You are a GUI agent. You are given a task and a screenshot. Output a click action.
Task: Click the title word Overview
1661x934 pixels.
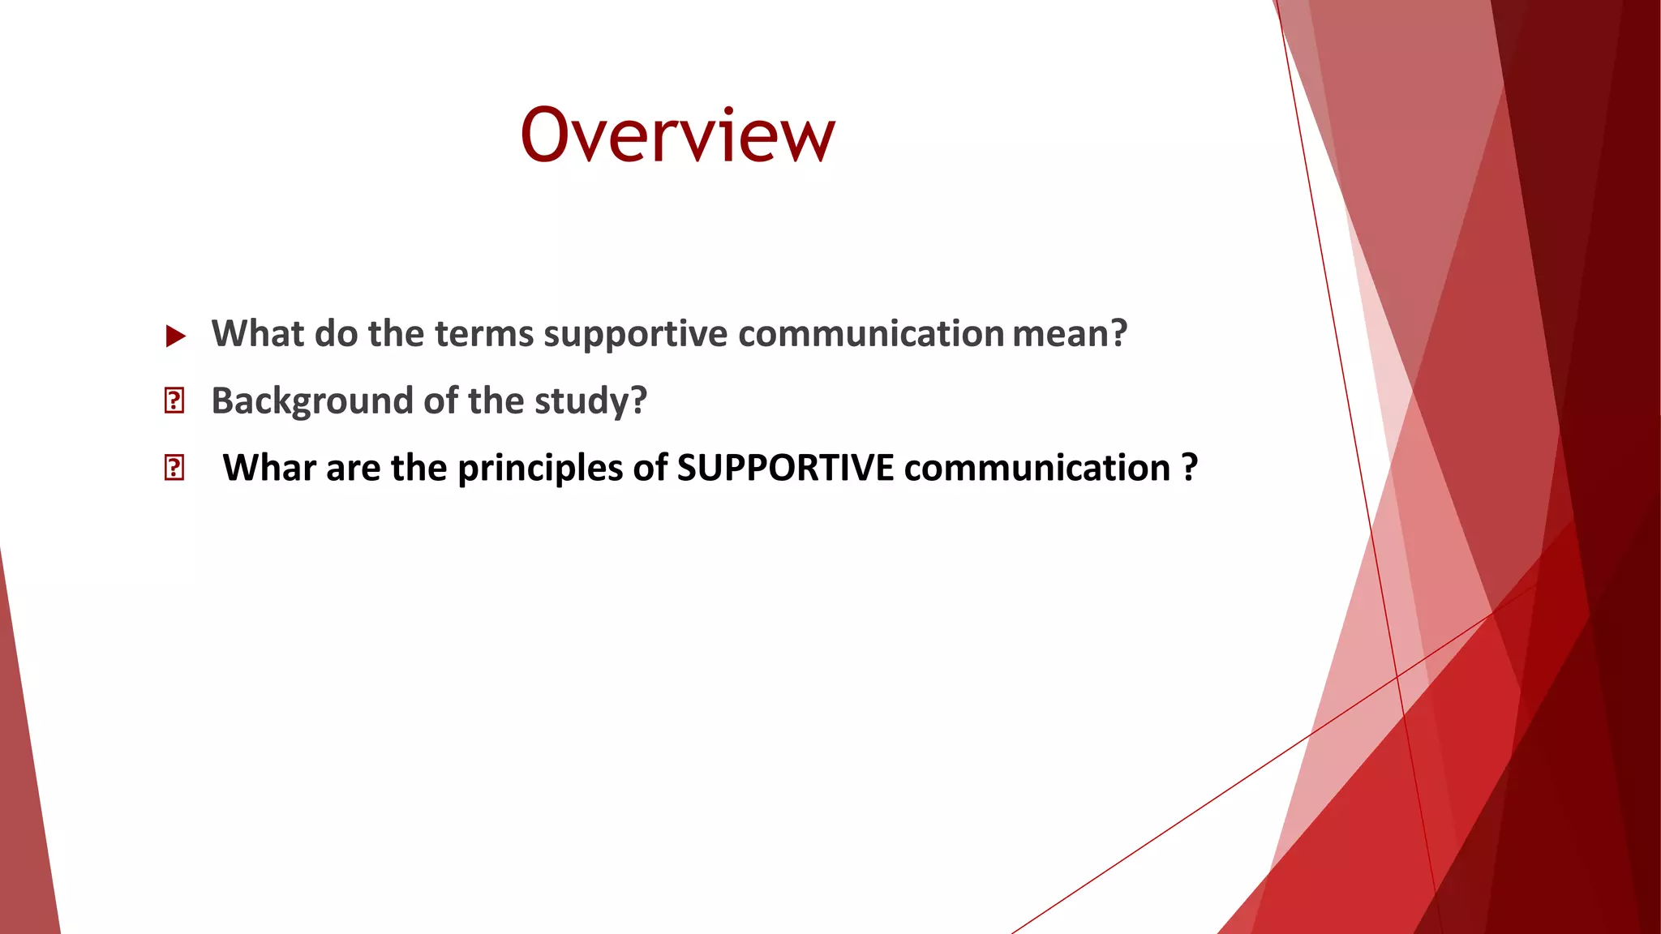coord(677,135)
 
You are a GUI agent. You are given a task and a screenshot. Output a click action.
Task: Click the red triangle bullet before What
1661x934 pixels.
coord(175,336)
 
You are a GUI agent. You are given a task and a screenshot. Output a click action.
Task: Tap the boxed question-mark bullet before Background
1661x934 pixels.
coord(174,401)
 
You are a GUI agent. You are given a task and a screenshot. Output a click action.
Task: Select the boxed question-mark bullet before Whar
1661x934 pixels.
coord(174,468)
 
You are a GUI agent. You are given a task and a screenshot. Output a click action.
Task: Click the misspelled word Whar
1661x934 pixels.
coord(269,468)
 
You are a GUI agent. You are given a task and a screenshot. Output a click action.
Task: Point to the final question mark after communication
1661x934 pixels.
coord(1189,468)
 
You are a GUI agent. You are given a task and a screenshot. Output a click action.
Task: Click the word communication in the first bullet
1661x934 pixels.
coord(871,334)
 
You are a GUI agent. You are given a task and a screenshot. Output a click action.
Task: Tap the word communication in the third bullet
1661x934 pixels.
coord(1037,468)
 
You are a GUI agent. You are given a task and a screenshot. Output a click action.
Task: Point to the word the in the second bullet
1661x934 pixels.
coord(496,401)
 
